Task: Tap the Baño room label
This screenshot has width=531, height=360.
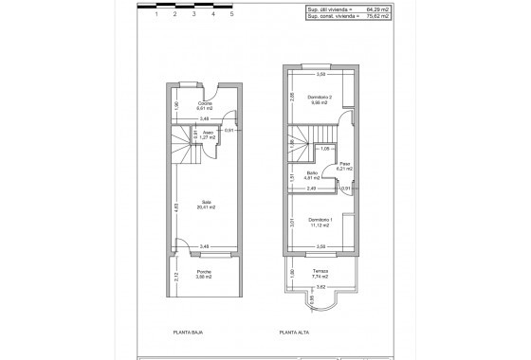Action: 312,173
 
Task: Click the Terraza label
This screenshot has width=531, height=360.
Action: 320,273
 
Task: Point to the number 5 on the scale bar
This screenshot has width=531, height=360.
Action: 232,15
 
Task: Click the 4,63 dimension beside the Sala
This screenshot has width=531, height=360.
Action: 176,209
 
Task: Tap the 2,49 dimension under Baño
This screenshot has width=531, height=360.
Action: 300,188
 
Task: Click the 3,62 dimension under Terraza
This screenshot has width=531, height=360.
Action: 320,286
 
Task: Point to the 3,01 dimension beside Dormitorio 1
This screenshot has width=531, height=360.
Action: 292,223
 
